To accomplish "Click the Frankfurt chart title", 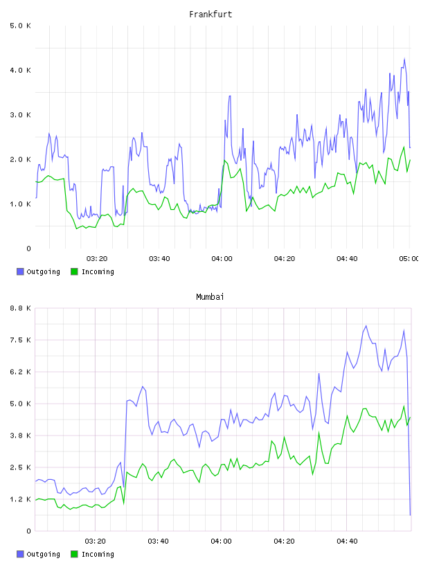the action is click(210, 15).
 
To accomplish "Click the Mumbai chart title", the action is click(210, 297).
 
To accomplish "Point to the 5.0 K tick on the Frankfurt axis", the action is click(20, 26).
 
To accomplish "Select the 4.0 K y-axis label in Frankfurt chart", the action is click(20, 70).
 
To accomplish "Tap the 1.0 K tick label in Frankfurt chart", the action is click(20, 204).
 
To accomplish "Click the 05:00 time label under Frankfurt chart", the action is click(409, 259).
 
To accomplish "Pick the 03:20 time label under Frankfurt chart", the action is click(97, 259).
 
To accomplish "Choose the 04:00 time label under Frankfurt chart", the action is click(222, 259).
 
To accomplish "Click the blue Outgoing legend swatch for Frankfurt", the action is click(20, 271).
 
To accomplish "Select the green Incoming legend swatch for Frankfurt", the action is click(74, 271).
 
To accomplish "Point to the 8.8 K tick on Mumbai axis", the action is click(20, 308).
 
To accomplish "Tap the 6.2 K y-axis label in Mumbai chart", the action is click(20, 372).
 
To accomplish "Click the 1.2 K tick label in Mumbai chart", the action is click(20, 499).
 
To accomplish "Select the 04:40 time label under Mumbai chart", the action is click(347, 541).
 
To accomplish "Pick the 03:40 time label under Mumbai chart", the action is click(159, 541).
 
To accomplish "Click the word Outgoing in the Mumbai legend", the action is click(43, 554).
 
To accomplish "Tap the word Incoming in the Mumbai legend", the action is click(98, 554).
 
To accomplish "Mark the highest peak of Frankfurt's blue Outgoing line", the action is click(404, 58).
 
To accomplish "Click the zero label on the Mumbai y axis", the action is click(28, 531).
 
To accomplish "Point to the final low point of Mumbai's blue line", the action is click(410, 515).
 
